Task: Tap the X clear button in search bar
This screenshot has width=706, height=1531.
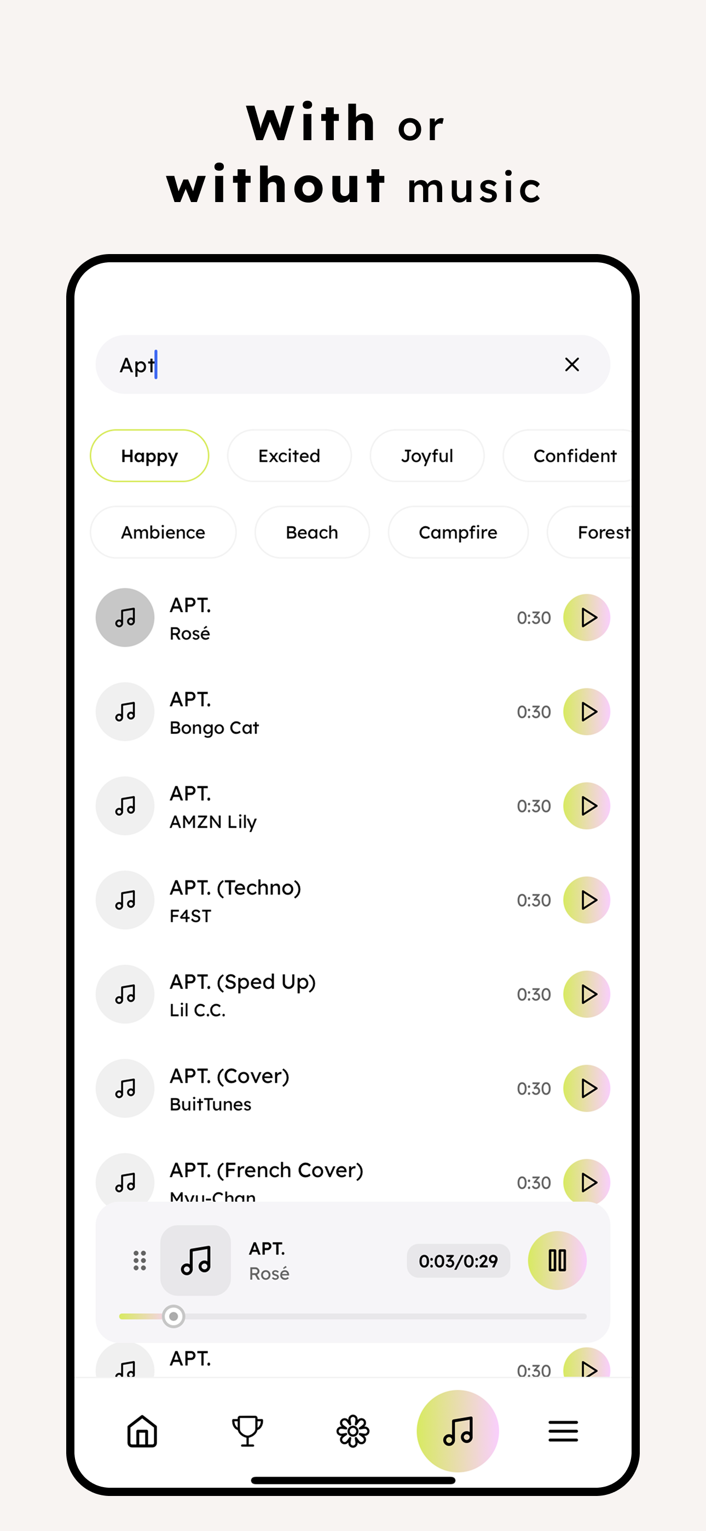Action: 572,364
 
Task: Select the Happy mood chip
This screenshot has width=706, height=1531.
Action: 149,456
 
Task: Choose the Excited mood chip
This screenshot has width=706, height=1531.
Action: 289,456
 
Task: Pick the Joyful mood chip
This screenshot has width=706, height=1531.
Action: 427,456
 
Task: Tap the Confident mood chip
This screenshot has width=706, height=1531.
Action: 574,456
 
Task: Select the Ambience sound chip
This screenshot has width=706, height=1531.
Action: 163,532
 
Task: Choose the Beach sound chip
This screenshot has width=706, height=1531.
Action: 311,532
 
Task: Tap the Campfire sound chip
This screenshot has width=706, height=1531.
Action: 458,532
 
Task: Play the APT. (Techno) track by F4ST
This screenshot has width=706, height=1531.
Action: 587,900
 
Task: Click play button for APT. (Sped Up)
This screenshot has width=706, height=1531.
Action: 587,994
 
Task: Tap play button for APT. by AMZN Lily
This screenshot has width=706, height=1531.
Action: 587,806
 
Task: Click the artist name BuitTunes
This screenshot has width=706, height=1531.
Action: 210,1104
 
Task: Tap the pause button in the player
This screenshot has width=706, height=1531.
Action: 557,1260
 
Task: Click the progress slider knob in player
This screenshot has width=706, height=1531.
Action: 173,1316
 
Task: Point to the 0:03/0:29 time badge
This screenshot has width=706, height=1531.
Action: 458,1261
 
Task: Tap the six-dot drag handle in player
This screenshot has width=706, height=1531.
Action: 140,1260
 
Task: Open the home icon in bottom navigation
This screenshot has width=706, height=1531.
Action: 142,1431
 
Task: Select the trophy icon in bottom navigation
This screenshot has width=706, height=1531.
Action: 247,1431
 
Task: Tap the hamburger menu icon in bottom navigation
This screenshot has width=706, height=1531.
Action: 563,1431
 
